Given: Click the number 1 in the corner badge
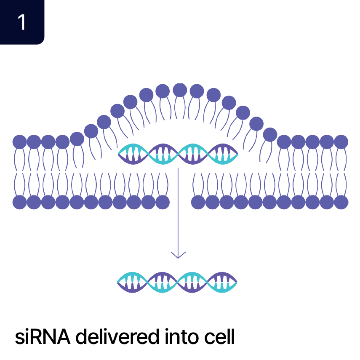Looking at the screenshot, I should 21,22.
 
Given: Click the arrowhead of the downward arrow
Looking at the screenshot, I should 178,254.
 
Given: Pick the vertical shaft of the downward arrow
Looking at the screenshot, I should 178,211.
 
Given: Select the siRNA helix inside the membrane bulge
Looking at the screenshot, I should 178,154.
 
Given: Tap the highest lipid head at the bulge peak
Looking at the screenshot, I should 180,90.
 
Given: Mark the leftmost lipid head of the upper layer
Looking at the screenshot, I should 20,142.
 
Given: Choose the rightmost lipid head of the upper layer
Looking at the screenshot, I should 341,142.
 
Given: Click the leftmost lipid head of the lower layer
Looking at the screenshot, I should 20,203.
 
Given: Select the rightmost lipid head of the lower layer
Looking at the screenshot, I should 341,203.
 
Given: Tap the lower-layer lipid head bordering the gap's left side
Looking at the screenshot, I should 163,203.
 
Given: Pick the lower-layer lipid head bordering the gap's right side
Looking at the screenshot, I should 198,203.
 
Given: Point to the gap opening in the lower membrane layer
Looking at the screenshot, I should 181,201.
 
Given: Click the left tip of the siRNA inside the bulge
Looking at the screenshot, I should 119,154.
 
